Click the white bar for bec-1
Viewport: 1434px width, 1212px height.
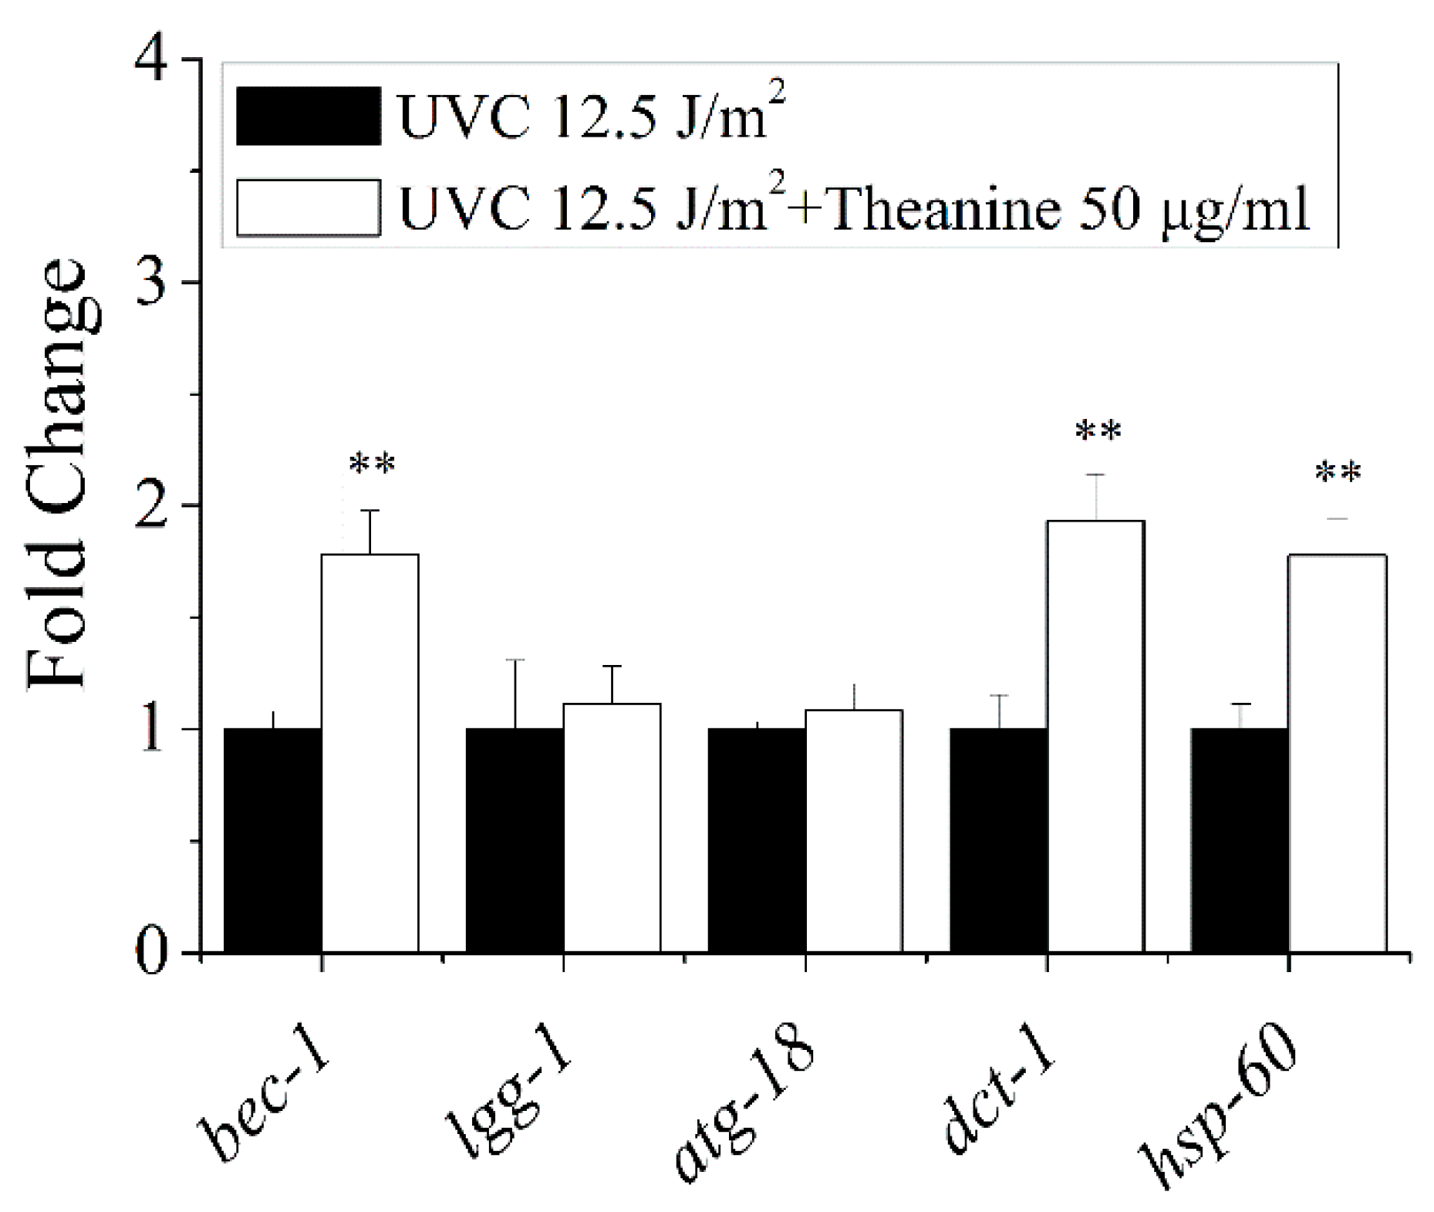370,752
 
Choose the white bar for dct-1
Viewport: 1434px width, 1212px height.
1095,736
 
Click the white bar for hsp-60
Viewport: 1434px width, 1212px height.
1338,752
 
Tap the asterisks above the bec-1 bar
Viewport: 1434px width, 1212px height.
372,465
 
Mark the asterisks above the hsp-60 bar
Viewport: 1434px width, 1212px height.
1338,473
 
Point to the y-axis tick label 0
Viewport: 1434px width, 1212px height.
153,953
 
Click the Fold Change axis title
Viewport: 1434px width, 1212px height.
58,474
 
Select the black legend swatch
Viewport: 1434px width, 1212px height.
308,116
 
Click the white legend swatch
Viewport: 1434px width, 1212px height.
308,207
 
